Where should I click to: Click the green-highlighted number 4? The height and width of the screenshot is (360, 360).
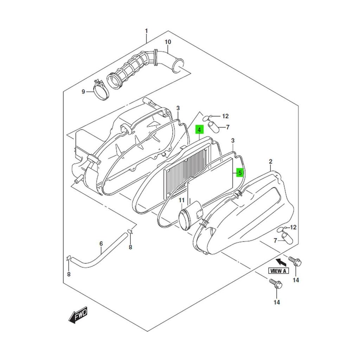[x=199, y=130]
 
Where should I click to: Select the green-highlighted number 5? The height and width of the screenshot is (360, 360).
[x=240, y=173]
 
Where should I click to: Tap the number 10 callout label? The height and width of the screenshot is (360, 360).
[x=168, y=42]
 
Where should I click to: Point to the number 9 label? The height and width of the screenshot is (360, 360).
[x=83, y=92]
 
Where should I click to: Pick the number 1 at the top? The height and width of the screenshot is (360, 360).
[x=146, y=31]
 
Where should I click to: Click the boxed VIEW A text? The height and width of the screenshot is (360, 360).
[x=278, y=271]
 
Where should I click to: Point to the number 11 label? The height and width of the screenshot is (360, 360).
[x=181, y=200]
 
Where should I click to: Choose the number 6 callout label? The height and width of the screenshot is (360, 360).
[x=101, y=244]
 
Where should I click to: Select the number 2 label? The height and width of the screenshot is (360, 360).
[x=270, y=162]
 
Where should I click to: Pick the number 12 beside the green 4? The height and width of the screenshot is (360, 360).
[x=225, y=116]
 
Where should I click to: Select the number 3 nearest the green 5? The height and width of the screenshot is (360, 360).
[x=232, y=141]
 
